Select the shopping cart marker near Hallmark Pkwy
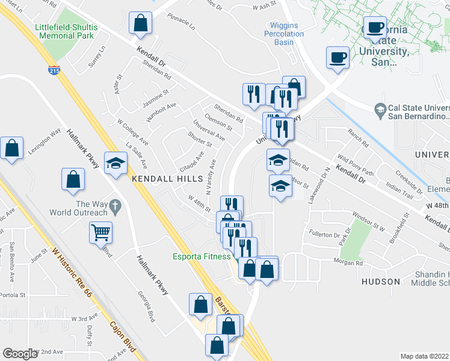pos(101,232)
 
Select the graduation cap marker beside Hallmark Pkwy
pos(115,163)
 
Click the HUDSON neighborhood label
pos(381,281)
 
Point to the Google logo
pos(20,354)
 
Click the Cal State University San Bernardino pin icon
pos(380,110)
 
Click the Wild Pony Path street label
pos(356,165)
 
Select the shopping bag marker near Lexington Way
pos(11,147)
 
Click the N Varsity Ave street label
pos(211,177)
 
